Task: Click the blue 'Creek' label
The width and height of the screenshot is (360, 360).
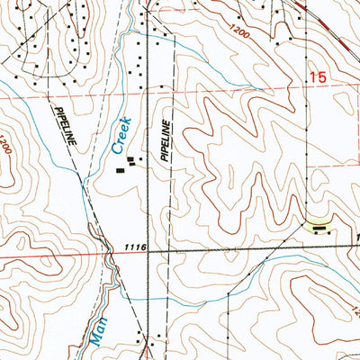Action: click(x=121, y=132)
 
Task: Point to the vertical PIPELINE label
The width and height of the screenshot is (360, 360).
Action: click(x=166, y=140)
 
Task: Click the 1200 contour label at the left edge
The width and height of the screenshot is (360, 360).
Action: click(x=4, y=144)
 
